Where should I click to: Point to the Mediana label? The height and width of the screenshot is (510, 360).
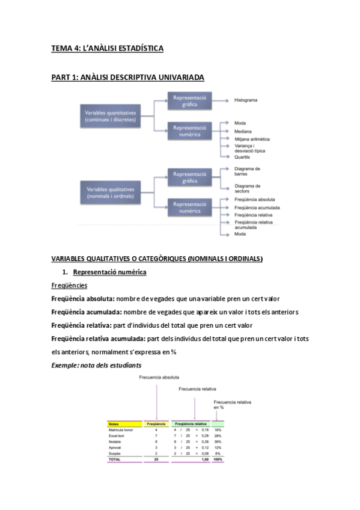click(x=243, y=131)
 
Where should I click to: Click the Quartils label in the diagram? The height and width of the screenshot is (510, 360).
click(x=243, y=156)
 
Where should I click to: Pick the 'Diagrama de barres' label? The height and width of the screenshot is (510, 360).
click(x=247, y=171)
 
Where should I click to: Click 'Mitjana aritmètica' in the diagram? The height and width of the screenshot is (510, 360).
click(x=252, y=138)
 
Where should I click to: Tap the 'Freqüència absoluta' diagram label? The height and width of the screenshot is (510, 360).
click(x=255, y=199)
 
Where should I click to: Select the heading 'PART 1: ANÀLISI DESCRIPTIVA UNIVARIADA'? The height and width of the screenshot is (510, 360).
click(x=127, y=77)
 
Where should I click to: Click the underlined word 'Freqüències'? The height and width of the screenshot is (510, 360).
click(x=69, y=285)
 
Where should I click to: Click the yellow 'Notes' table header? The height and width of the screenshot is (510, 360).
click(x=114, y=424)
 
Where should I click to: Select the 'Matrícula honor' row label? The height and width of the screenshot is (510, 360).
click(x=121, y=430)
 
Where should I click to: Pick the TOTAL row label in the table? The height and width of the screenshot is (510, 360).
click(x=114, y=459)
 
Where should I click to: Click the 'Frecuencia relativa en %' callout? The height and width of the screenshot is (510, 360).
click(x=232, y=404)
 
